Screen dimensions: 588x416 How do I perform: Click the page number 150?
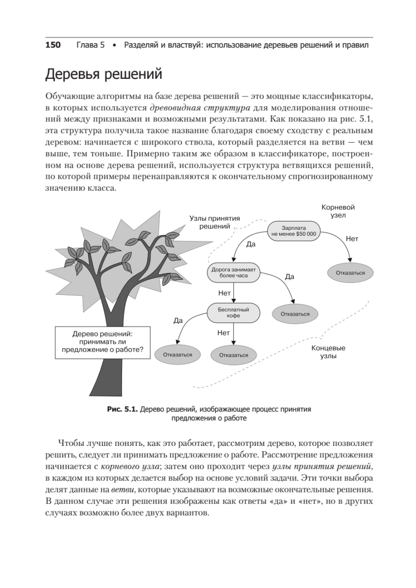click(x=53, y=45)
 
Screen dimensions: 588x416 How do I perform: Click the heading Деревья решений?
click(x=103, y=74)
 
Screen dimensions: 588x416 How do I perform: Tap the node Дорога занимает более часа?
click(x=234, y=272)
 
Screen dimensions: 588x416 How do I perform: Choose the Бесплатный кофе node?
click(x=233, y=313)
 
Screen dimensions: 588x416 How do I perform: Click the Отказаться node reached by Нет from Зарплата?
click(x=350, y=272)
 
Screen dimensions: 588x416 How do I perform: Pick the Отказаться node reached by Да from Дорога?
click(x=295, y=314)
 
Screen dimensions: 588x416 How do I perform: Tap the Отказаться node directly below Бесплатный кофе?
click(x=234, y=355)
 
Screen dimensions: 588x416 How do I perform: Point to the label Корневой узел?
click(x=338, y=211)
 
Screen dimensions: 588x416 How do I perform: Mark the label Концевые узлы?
click(x=329, y=352)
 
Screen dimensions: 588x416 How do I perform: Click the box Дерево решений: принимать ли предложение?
click(x=102, y=341)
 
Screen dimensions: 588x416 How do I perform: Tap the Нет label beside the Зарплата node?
click(x=352, y=239)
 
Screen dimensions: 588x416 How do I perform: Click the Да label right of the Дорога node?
click(x=289, y=277)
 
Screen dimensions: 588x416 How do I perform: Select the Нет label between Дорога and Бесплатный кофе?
click(x=224, y=293)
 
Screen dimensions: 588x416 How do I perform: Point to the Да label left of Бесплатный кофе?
click(x=178, y=320)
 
